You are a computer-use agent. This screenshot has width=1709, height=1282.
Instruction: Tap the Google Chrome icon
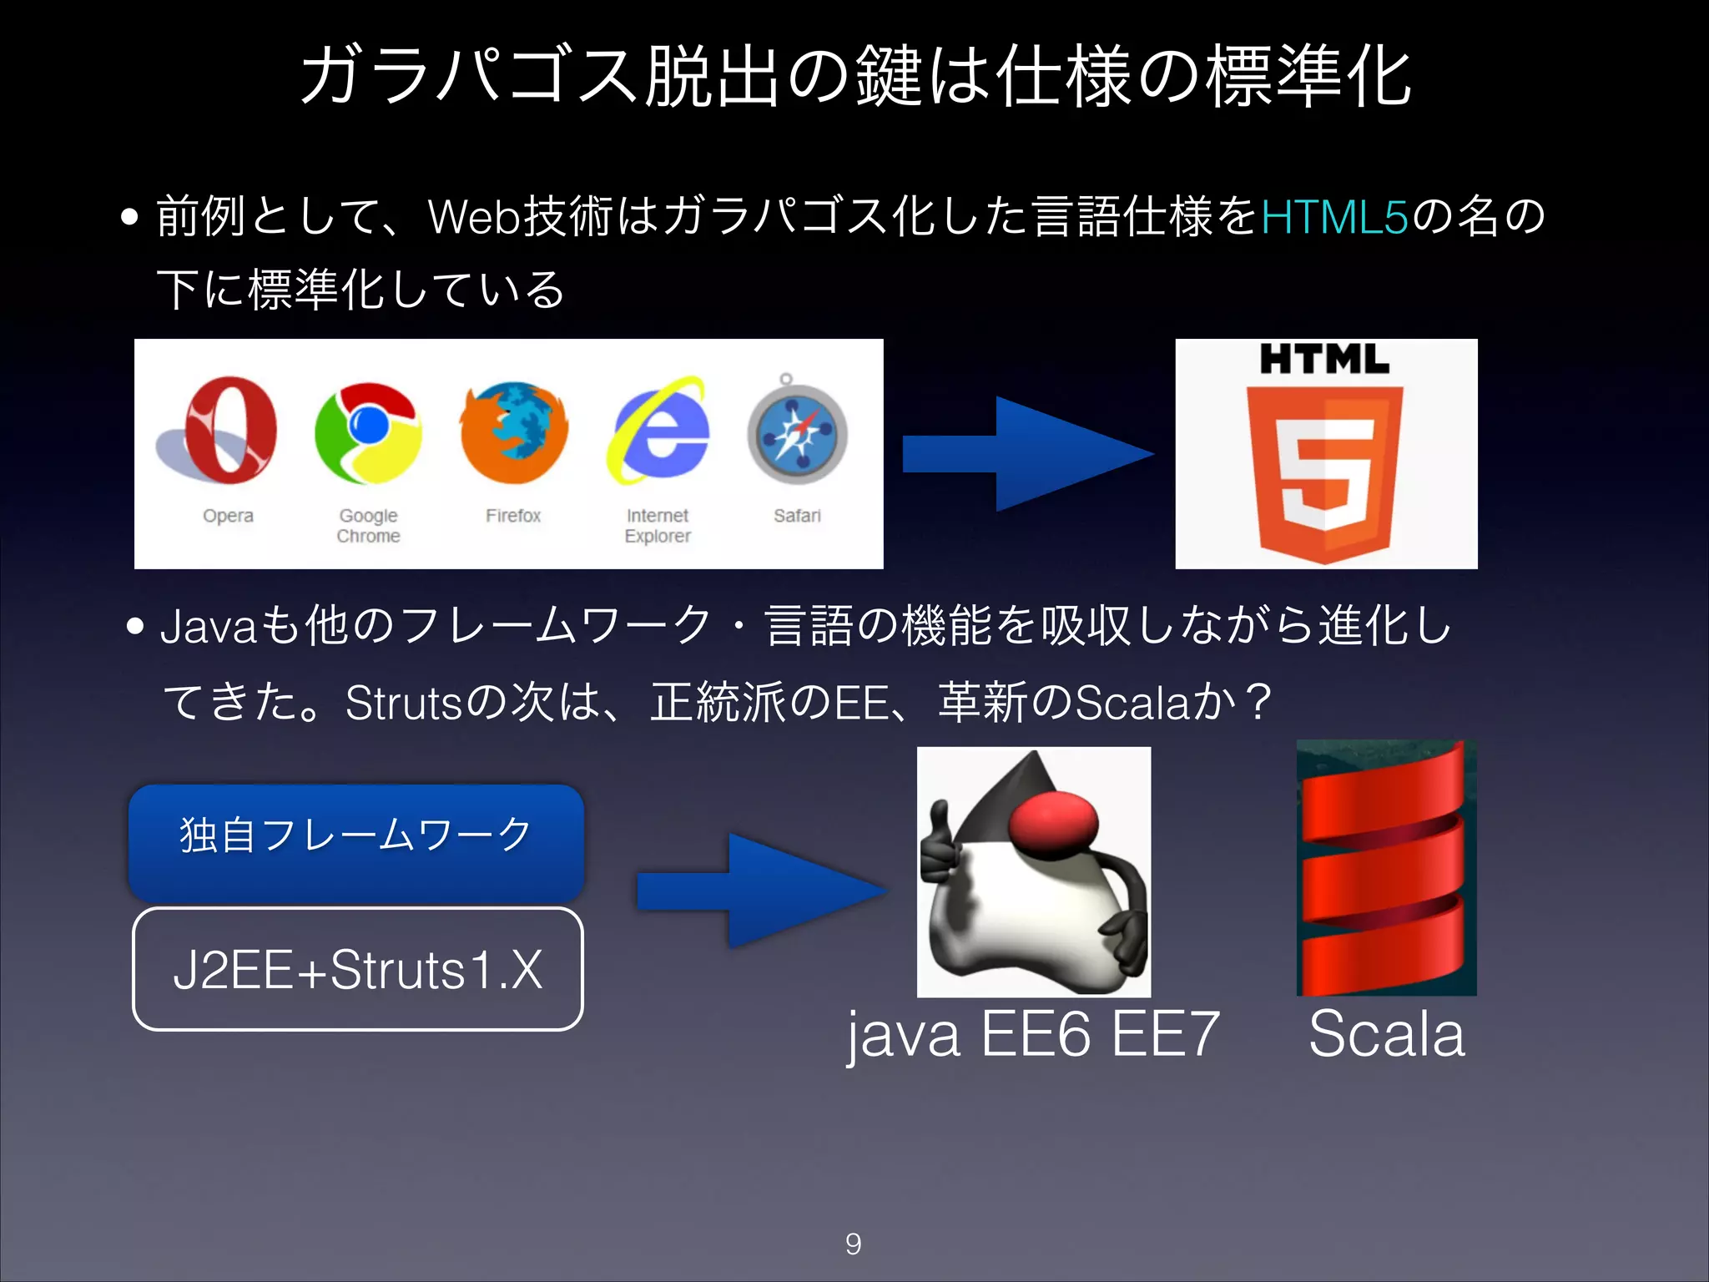point(368,432)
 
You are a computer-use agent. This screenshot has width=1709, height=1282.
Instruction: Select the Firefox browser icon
point(513,432)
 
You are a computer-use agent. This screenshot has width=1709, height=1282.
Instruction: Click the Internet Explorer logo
point(659,431)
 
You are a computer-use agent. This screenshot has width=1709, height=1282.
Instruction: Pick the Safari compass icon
point(797,434)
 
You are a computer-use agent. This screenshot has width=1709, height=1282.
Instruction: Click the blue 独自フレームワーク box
point(356,841)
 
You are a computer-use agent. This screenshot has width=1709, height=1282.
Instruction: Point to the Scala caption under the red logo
point(1386,1035)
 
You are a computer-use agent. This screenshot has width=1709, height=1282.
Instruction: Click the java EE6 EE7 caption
point(1033,1035)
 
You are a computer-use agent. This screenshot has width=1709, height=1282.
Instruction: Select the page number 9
point(853,1244)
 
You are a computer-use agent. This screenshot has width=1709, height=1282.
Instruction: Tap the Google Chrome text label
point(368,526)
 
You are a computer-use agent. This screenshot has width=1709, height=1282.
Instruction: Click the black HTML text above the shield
point(1324,360)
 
